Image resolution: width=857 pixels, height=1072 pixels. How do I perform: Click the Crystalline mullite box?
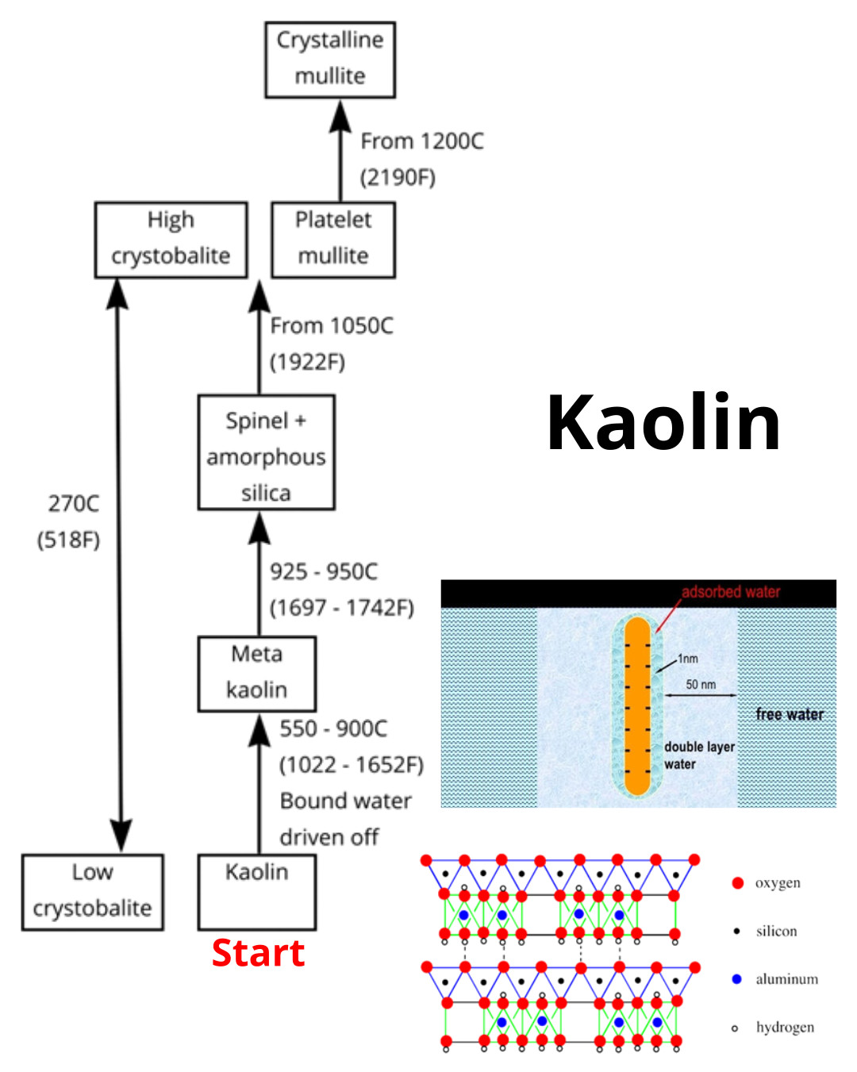tap(330, 60)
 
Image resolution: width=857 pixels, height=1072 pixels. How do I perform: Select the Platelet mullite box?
tap(333, 240)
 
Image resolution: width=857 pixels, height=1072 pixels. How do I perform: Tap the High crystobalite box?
tap(171, 240)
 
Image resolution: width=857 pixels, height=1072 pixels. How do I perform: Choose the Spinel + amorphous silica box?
tap(266, 452)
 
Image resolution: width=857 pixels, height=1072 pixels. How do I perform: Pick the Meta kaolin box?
tap(256, 673)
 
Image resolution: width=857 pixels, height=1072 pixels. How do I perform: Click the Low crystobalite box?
tap(92, 892)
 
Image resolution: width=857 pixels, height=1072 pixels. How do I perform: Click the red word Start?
tap(258, 953)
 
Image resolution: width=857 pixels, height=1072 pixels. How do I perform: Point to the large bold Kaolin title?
tap(663, 422)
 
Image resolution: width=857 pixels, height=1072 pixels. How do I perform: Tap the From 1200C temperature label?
tap(421, 141)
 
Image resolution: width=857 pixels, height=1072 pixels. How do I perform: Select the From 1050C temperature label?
tap(332, 326)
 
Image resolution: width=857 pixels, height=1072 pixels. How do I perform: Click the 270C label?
tap(73, 504)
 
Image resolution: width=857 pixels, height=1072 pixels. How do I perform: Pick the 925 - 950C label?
tap(324, 572)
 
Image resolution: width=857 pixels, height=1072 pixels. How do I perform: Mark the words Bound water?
tap(346, 801)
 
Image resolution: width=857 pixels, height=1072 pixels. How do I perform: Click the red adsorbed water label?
tap(731, 592)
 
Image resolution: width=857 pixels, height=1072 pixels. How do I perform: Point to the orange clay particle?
tap(637, 706)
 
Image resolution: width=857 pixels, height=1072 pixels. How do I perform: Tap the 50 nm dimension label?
tap(701, 685)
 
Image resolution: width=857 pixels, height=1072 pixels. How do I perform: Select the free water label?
tap(790, 714)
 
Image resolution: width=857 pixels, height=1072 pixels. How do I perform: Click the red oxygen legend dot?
tap(737, 883)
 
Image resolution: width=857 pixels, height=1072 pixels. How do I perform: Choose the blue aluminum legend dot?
tap(736, 979)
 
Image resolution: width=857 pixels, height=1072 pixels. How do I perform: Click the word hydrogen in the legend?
tap(785, 1028)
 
